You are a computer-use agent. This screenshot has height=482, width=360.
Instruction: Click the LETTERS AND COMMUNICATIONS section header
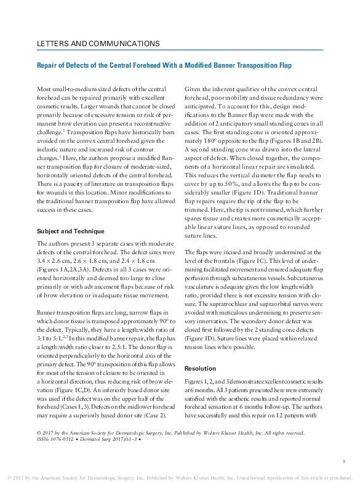(x=98, y=44)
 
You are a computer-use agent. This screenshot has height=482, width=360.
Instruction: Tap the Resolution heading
(x=200, y=368)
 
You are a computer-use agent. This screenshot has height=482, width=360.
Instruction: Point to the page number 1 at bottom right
(x=342, y=460)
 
